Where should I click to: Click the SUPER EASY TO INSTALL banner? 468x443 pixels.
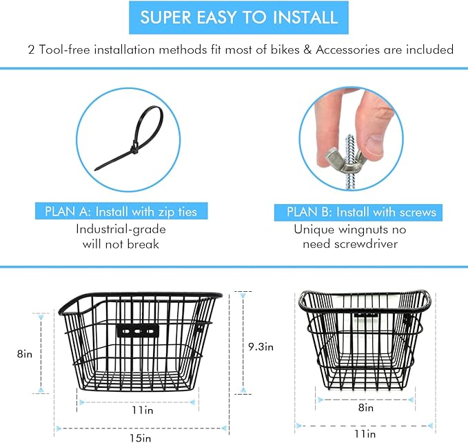[x=234, y=17]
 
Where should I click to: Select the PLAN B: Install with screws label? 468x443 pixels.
[x=356, y=212]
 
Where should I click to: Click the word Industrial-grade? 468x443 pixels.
[x=121, y=229]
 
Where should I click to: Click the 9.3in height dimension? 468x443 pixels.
[x=259, y=347]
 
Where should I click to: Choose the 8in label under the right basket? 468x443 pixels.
[x=365, y=408]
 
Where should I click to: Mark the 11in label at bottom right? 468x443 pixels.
[x=366, y=434]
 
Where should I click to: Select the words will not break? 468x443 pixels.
[x=121, y=245]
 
